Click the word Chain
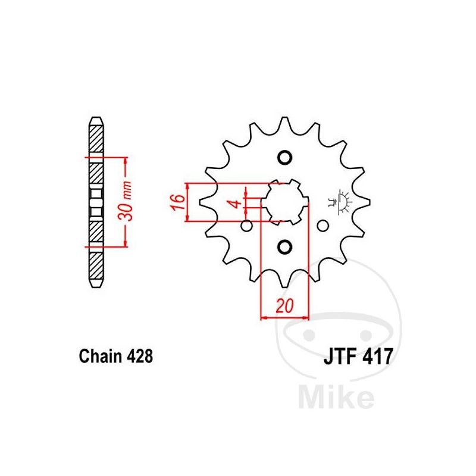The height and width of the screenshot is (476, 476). [x=101, y=356]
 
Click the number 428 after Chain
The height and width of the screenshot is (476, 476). [x=140, y=356]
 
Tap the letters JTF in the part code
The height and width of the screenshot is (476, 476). [x=339, y=356]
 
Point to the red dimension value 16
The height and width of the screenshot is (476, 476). [x=178, y=202]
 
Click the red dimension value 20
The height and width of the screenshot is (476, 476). [x=285, y=306]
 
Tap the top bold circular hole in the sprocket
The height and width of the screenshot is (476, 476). [x=285, y=158]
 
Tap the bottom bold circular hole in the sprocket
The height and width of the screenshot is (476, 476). [x=285, y=246]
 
